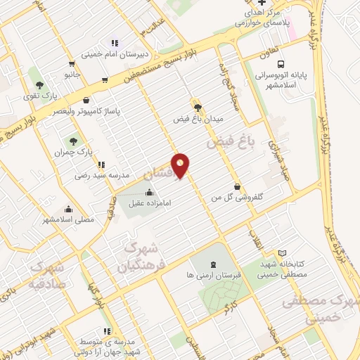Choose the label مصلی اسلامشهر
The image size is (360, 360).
pos(68,219)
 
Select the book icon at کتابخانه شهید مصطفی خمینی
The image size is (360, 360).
pos(282,253)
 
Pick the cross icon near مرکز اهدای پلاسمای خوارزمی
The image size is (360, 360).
pos(262,4)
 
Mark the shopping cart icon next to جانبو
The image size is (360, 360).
pos(105,79)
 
